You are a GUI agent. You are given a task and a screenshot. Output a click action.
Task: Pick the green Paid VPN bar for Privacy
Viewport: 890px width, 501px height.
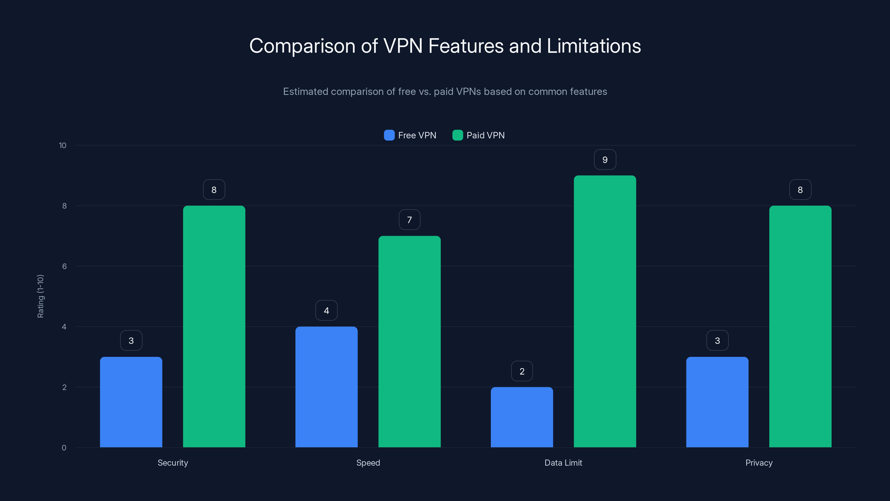tap(800, 326)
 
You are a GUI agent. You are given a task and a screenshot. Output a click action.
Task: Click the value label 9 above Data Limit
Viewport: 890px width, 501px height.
tap(605, 160)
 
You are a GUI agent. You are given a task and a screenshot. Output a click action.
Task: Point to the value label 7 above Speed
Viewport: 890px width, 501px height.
tap(409, 220)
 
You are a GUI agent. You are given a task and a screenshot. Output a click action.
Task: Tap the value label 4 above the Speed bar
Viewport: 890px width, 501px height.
tap(326, 311)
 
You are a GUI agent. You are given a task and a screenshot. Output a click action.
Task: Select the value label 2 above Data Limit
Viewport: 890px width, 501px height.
tap(522, 371)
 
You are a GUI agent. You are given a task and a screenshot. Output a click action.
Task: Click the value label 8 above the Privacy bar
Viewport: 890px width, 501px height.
tap(800, 190)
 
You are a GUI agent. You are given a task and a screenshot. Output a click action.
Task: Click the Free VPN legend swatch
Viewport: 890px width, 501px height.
tap(389, 135)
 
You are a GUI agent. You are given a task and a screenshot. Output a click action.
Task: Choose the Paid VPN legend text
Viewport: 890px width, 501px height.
tap(485, 135)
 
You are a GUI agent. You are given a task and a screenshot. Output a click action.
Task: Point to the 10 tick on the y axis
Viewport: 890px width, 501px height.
tap(63, 146)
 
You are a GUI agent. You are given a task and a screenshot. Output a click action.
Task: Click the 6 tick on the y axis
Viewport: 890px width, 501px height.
tap(64, 266)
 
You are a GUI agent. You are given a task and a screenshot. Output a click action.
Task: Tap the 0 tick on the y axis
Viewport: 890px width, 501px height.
tap(64, 448)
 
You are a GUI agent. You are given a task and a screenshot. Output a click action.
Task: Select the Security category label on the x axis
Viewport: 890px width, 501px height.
tap(173, 463)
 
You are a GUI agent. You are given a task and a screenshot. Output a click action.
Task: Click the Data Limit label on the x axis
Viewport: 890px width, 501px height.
tap(563, 463)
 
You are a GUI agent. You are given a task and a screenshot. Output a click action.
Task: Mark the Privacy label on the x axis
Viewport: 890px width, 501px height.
tap(759, 463)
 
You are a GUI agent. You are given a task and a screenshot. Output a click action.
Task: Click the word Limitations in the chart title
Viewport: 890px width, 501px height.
tap(594, 46)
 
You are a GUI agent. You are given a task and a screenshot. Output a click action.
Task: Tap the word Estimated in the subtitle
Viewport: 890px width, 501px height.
tap(305, 92)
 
